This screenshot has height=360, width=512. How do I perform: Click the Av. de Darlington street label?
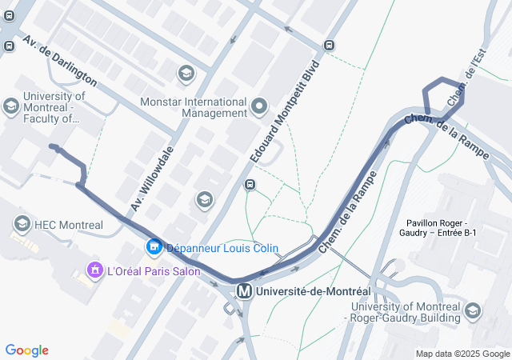60,62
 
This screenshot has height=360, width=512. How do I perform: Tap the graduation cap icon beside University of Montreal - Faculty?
11,106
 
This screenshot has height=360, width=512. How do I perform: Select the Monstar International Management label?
194,107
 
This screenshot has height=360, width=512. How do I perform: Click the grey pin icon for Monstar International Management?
259,106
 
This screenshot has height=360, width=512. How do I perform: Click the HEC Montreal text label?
69,225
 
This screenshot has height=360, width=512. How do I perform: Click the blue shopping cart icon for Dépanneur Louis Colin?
154,248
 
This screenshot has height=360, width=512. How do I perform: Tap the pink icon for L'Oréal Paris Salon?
94,270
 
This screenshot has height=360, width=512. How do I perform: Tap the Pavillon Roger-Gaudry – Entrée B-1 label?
442,227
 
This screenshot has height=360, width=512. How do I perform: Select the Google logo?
26,350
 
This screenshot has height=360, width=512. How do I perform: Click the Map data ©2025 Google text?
462,354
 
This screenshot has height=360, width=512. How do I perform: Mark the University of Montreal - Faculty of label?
51,107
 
